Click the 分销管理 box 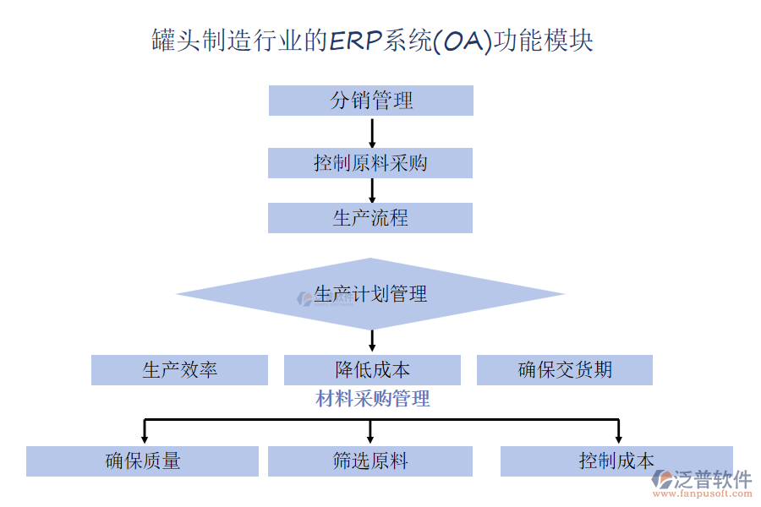click(x=370, y=101)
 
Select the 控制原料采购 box click(x=370, y=163)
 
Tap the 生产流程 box click(x=370, y=218)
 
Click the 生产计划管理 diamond click(x=370, y=294)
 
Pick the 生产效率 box click(x=179, y=370)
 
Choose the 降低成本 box click(x=372, y=370)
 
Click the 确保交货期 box click(x=565, y=370)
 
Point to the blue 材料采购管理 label click(x=373, y=399)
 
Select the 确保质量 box click(x=142, y=461)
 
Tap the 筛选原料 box click(x=370, y=461)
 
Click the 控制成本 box click(x=616, y=461)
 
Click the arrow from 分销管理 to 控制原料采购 click(x=372, y=132)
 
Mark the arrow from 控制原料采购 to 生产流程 click(x=372, y=190)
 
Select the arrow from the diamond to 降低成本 click(x=372, y=341)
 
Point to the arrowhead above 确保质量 click(x=145, y=438)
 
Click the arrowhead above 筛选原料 click(x=371, y=438)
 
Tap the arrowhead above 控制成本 click(x=618, y=438)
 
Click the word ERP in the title click(x=355, y=41)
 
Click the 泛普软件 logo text click(x=712, y=480)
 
